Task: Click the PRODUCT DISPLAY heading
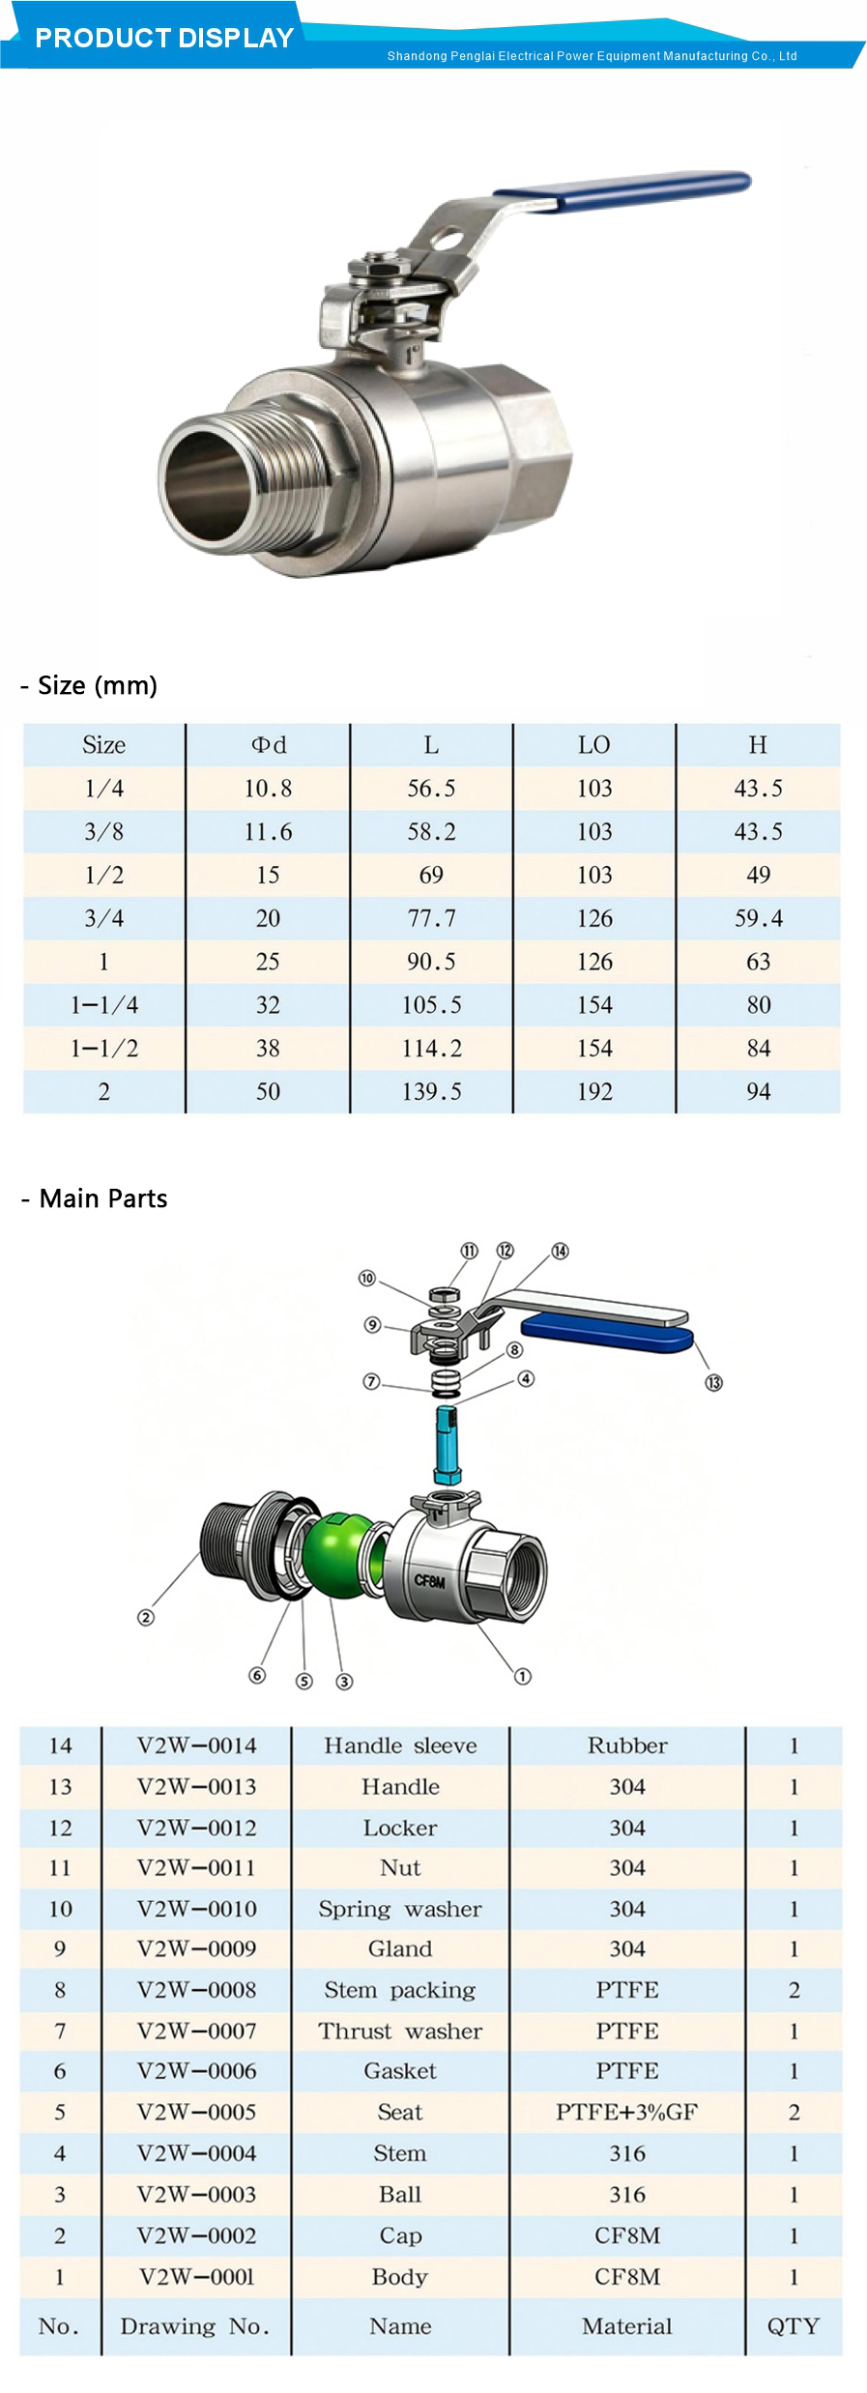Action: (x=164, y=38)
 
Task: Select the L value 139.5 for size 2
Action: (x=431, y=1091)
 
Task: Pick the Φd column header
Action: (x=268, y=745)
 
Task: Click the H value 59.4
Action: (x=758, y=918)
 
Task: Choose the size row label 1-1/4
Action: (x=103, y=1005)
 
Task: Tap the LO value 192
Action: (x=594, y=1091)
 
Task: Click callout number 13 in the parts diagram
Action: (x=713, y=1383)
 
